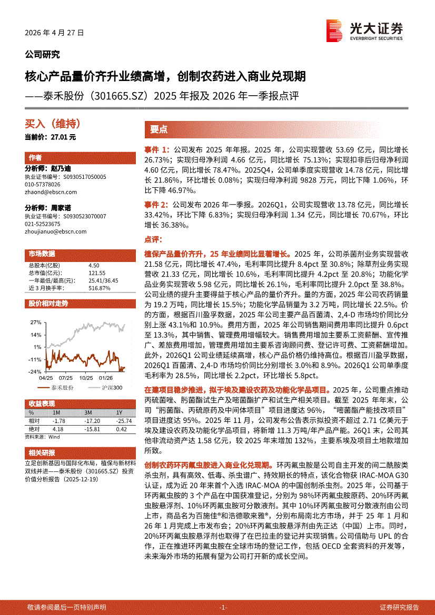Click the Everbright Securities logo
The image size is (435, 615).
click(x=364, y=31)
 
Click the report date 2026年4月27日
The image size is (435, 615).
click(x=54, y=33)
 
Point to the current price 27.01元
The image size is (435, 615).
click(x=51, y=137)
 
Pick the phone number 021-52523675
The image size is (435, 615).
click(x=43, y=224)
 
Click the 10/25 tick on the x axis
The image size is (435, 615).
click(x=86, y=378)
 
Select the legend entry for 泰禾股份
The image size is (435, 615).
click(x=62, y=388)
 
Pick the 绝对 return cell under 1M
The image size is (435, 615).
click(x=59, y=429)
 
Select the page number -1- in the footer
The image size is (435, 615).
click(x=223, y=607)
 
